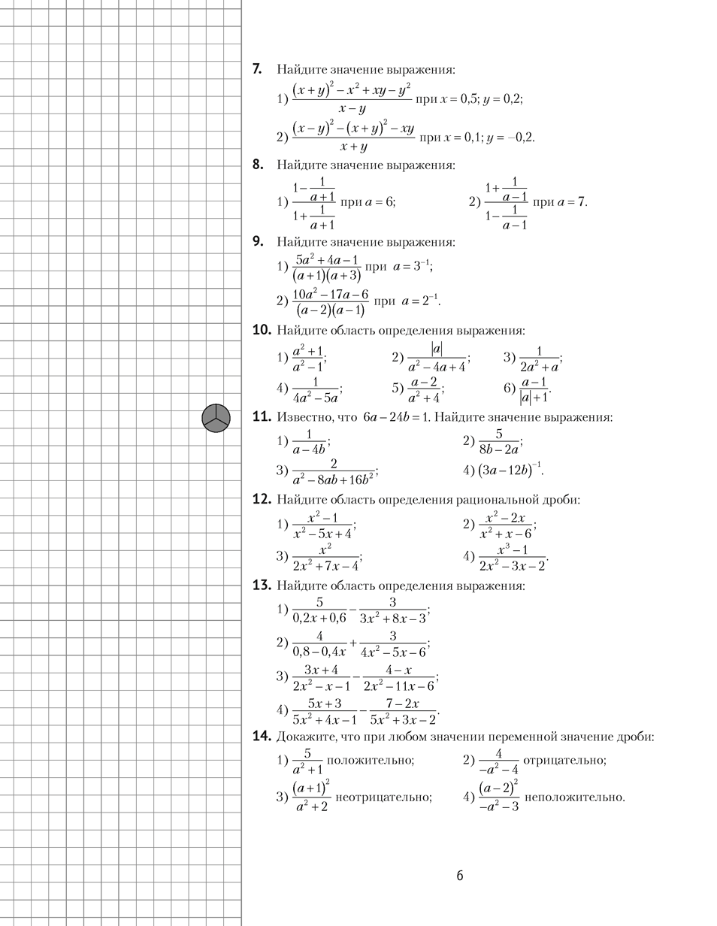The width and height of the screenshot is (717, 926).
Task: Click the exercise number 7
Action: point(257,69)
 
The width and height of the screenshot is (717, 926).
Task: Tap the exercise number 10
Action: point(262,330)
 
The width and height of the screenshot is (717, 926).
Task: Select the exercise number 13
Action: point(262,586)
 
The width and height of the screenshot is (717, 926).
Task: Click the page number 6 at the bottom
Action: point(459,876)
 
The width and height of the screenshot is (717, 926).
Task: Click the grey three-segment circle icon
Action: point(216,418)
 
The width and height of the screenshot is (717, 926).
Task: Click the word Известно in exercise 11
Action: point(304,417)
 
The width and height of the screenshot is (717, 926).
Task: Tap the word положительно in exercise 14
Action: point(370,760)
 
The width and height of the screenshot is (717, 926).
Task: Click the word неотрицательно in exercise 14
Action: point(383,797)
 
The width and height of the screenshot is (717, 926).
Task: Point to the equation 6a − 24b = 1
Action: point(395,417)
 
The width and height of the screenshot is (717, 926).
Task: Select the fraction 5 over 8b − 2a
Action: point(498,442)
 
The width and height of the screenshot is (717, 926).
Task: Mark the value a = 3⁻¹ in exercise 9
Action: point(413,266)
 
